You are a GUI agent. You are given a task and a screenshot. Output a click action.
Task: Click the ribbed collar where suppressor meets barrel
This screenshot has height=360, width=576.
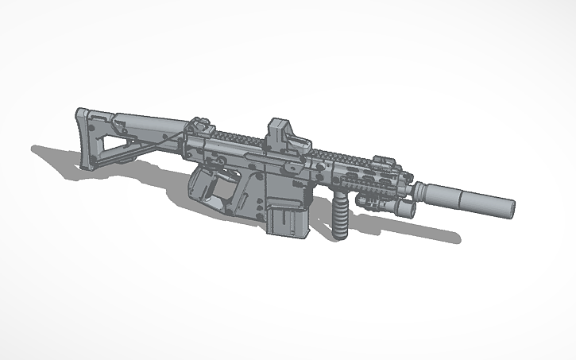(x=422, y=191)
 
